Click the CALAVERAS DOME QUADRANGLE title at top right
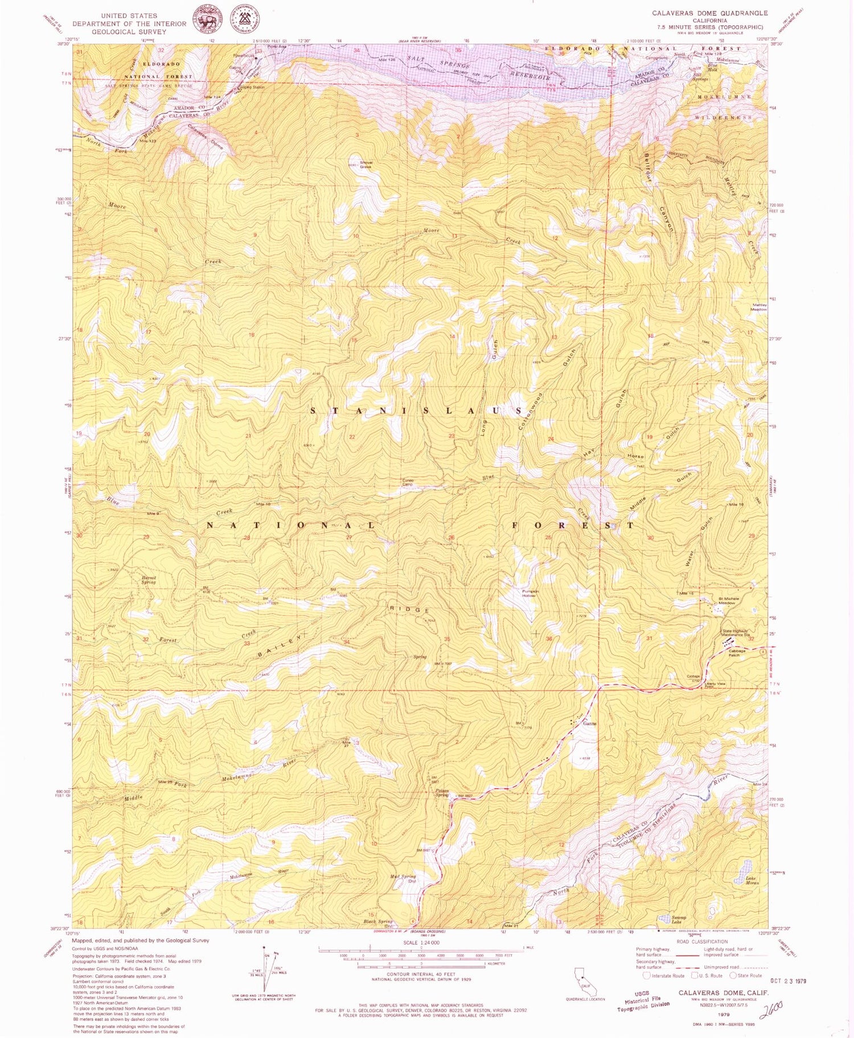click(709, 13)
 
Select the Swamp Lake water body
click(663, 917)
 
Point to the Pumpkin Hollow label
click(529, 593)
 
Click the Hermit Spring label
click(149, 580)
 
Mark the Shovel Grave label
click(366, 164)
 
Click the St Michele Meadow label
click(728, 601)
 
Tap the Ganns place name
click(589, 724)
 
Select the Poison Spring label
click(442, 792)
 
